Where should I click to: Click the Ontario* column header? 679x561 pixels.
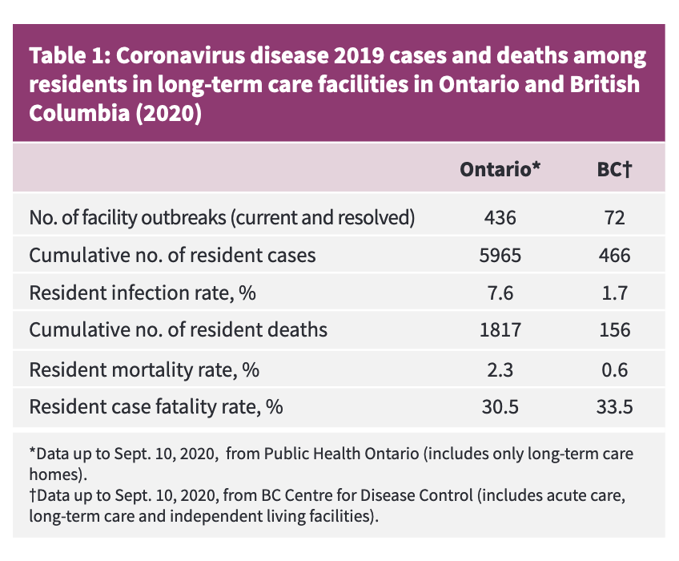(500, 170)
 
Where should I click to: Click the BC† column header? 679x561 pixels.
(614, 170)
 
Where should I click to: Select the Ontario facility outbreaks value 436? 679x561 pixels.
(500, 218)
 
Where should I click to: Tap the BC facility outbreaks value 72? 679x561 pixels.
(614, 218)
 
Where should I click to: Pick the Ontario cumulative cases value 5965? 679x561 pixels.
(500, 256)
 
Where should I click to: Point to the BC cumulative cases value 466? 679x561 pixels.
(614, 256)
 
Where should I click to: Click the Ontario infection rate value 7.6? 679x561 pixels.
(500, 293)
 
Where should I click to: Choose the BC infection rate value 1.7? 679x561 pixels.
(614, 293)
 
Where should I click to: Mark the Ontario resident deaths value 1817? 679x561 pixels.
(500, 330)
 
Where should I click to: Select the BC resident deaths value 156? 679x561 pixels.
(614, 330)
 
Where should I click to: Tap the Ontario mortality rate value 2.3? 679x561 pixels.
(500, 369)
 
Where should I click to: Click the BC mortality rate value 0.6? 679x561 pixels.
(614, 369)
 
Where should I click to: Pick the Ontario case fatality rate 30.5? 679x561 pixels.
(500, 406)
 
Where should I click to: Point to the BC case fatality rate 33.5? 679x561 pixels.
(614, 406)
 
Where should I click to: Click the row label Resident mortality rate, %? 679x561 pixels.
(144, 369)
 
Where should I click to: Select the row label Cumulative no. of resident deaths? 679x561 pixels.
(178, 330)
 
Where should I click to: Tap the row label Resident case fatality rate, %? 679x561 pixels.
(156, 406)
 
